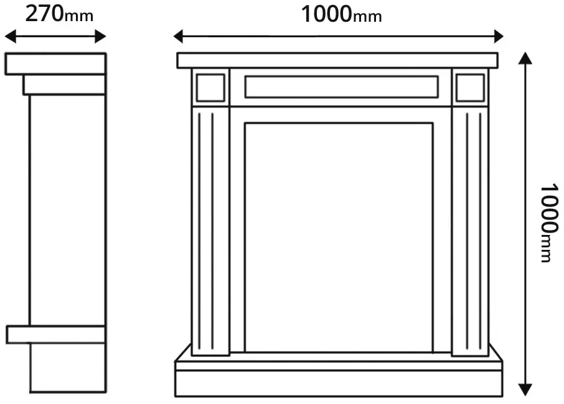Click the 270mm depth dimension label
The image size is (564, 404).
59,14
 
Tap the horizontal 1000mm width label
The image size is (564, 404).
341,15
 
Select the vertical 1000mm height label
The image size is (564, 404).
550,223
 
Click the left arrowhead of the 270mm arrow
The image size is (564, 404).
10,36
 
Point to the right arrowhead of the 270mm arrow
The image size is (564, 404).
100,36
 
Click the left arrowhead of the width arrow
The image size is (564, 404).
179,36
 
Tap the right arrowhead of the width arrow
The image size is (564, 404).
499,36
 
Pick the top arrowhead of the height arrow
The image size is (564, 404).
525,58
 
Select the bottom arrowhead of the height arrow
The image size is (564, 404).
525,390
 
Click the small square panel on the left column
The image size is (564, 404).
210,88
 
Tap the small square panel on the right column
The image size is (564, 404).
470,88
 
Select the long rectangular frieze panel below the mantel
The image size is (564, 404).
341,86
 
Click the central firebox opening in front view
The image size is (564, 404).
339,237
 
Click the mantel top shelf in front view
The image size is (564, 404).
337,60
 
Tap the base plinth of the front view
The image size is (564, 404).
339,379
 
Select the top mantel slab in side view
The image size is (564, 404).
55,64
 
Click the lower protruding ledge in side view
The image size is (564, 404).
56,334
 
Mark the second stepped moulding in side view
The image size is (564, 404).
64,85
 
